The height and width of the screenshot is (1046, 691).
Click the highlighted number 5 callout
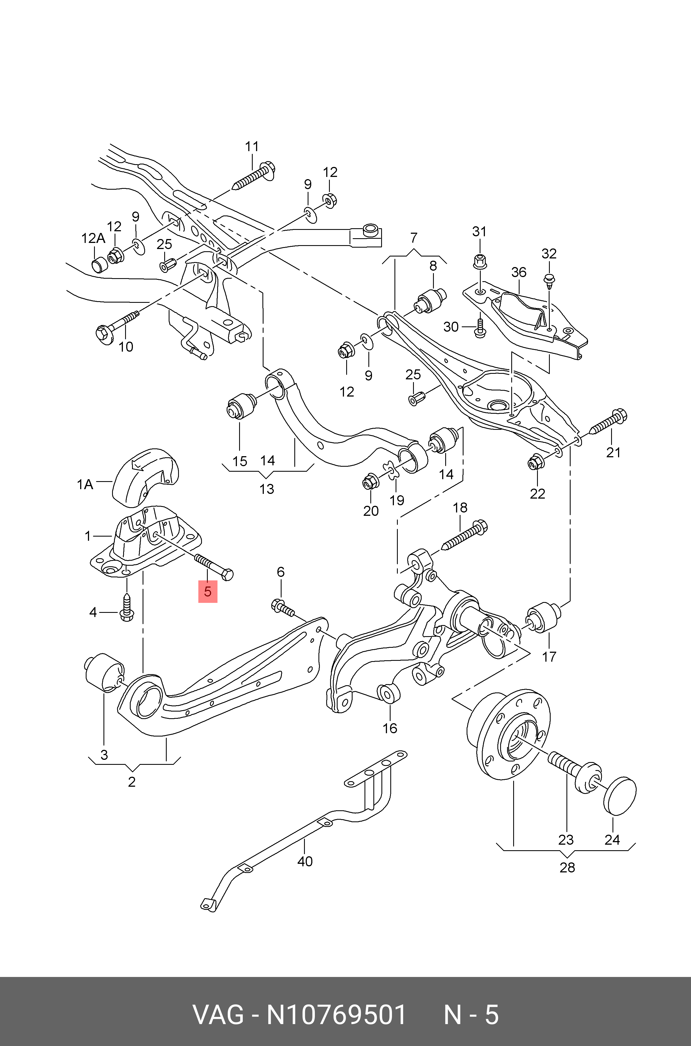click(x=207, y=591)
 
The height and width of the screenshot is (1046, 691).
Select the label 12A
click(x=93, y=238)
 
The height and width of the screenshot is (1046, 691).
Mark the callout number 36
click(x=519, y=272)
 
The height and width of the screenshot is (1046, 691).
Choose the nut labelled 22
click(x=535, y=461)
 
